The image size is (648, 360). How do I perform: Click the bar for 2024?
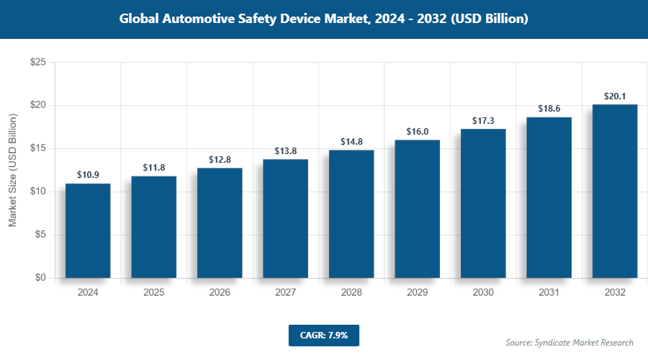coord(88,230)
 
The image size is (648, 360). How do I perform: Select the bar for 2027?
coord(285,218)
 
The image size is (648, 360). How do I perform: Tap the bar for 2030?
coord(483,203)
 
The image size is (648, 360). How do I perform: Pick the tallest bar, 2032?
coord(615,191)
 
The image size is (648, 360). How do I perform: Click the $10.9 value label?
coord(88,175)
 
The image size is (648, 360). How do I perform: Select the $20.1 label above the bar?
coord(615,96)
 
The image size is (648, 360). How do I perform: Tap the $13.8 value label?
coord(285,150)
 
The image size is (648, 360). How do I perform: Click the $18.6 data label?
coord(549,109)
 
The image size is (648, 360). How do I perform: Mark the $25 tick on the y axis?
coord(38,63)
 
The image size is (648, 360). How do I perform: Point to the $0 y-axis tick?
coord(41,278)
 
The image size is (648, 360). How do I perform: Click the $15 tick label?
coord(38,148)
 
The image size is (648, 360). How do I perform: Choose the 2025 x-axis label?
coord(153,293)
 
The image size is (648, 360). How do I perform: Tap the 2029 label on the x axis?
coord(417,293)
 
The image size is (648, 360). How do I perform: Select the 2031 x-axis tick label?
coord(549,293)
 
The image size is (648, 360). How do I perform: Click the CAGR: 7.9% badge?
coord(323,335)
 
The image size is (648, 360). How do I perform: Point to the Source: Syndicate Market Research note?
coord(570,342)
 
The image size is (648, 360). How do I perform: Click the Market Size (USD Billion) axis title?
coord(13,170)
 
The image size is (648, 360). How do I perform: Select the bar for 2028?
coord(351,214)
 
